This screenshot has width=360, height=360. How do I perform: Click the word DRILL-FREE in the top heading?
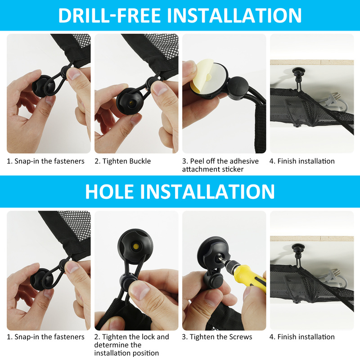(x=109, y=16)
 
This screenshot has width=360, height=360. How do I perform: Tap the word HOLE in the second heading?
(x=109, y=192)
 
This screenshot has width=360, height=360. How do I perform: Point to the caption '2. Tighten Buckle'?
(x=122, y=161)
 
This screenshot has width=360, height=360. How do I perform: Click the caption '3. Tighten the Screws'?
(x=217, y=337)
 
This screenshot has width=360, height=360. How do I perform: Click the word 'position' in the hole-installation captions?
(x=144, y=353)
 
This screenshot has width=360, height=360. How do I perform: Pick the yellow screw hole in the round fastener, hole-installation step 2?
(x=136, y=247)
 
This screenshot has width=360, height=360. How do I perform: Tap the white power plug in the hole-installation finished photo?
(x=333, y=277)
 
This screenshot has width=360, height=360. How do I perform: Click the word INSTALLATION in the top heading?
(x=234, y=16)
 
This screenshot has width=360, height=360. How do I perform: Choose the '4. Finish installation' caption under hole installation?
(x=302, y=337)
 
